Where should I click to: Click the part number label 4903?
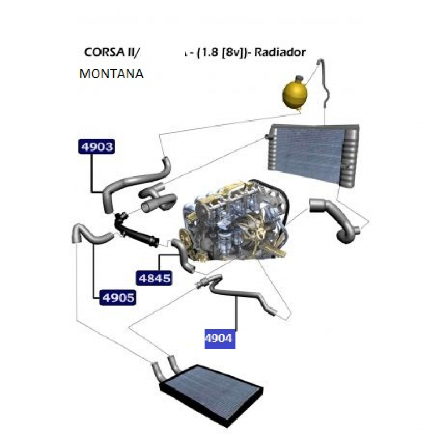click(97, 147)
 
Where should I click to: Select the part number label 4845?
click(153, 277)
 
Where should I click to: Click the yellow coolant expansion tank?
click(296, 93)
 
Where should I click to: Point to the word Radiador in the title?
click(287, 52)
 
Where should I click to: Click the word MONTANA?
click(112, 73)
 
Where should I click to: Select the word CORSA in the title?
click(102, 52)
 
